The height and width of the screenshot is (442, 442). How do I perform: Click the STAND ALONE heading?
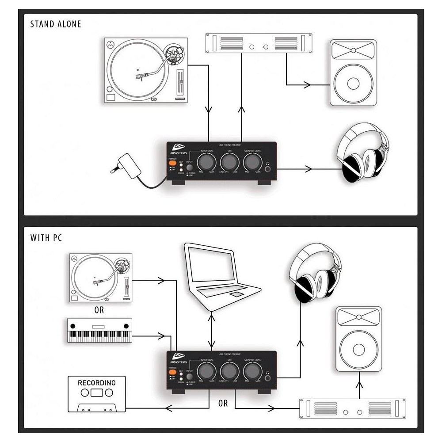point(56,24)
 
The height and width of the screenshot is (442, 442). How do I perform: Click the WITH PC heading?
point(46,238)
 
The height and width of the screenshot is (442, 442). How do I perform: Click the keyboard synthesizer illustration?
point(100,330)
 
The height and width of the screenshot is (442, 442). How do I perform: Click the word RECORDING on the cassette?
point(96,383)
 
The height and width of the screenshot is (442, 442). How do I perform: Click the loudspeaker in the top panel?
point(353,72)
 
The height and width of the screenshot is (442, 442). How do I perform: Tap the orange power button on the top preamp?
point(172,164)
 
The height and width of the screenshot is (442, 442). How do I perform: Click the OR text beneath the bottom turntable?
point(99,310)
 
